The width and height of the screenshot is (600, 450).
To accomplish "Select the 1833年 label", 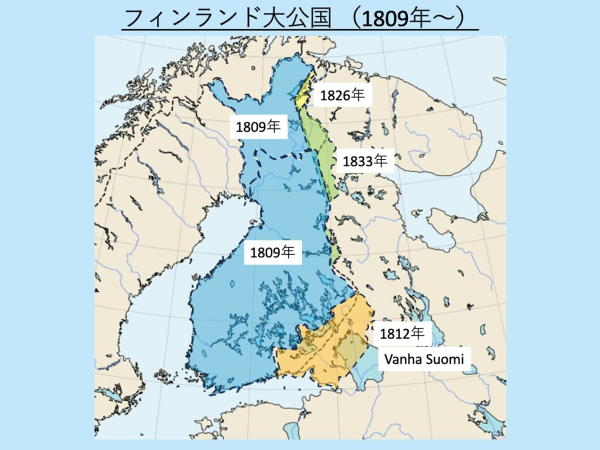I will point(365,161).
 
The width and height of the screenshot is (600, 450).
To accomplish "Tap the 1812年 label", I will point(402,333).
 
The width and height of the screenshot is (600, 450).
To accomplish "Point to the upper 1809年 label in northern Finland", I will point(258,127).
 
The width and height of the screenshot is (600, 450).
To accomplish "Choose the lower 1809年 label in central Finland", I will point(272,253).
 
